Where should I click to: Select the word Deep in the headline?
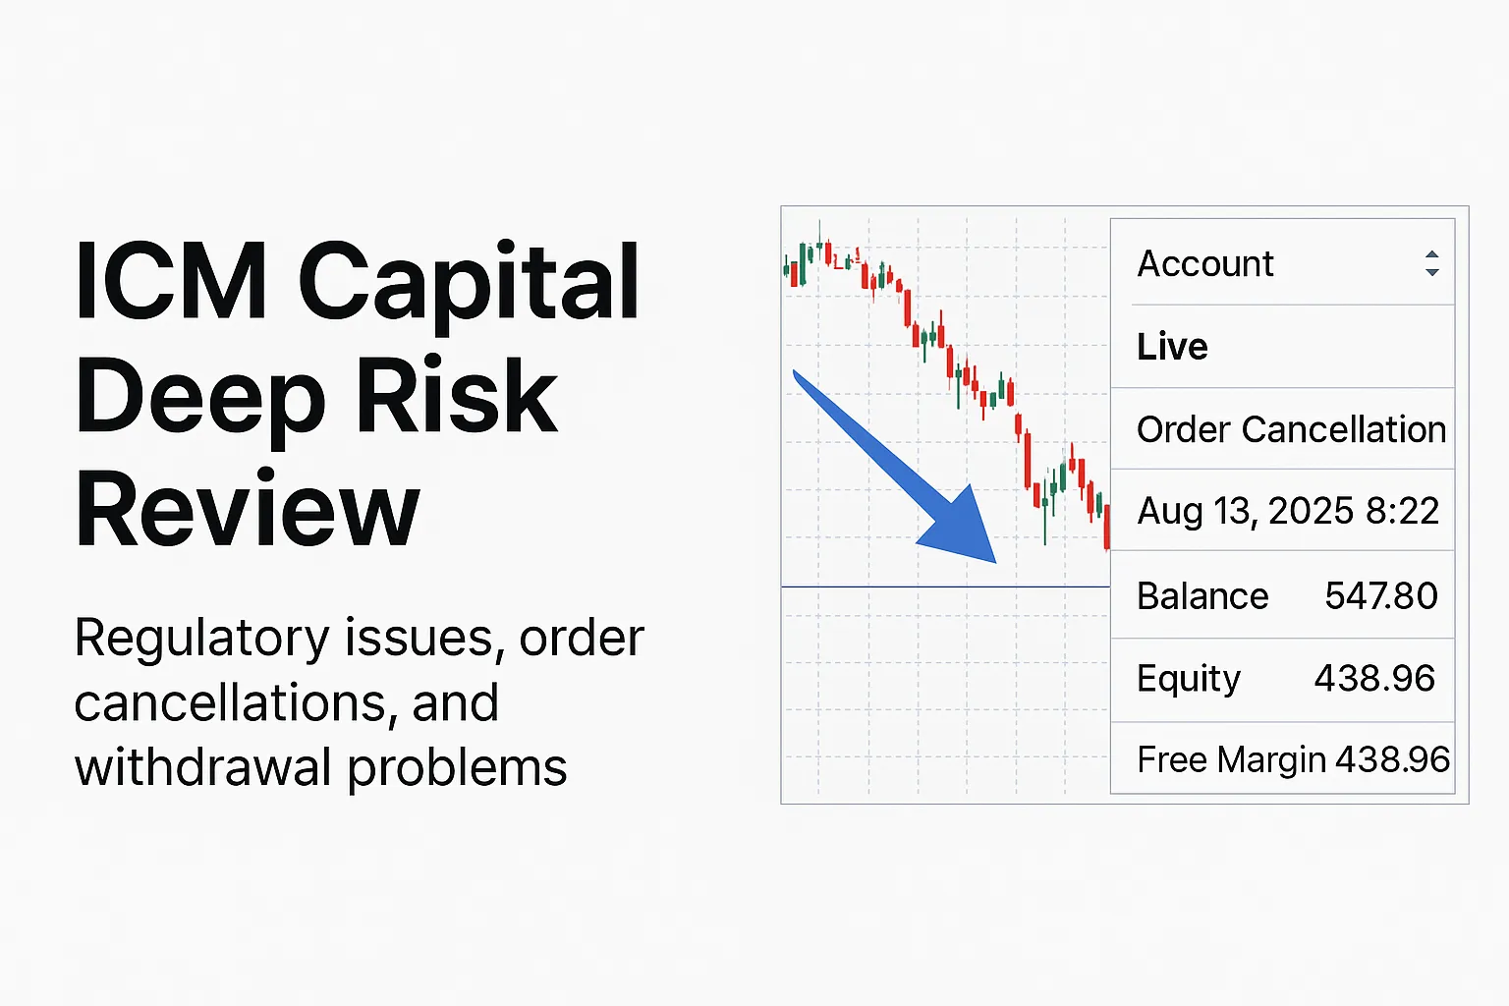pos(200,397)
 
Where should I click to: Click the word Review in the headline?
pos(248,509)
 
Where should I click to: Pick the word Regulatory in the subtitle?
pos(202,640)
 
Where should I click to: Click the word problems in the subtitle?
pos(457,767)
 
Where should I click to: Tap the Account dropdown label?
pos(1204,263)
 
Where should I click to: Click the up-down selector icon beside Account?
pos(1431,263)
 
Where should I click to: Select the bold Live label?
pos(1172,347)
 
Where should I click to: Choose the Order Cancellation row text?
pos(1291,429)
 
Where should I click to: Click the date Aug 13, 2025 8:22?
pos(1287,511)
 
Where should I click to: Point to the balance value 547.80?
pos(1380,595)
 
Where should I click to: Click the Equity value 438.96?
pos(1374,678)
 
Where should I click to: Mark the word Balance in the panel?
pos(1202,596)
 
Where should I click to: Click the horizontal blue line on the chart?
pos(943,587)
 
